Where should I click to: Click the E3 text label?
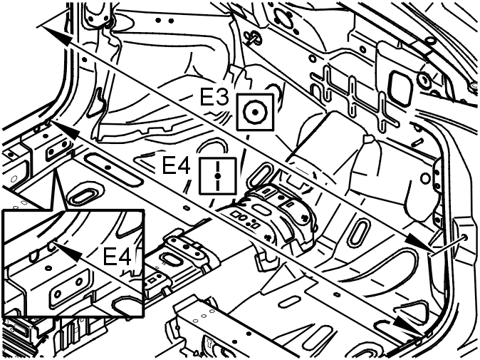(x=214, y=97)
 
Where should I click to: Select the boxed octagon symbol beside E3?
(x=255, y=112)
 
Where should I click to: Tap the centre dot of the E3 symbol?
(x=255, y=113)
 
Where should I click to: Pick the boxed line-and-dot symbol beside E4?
(x=218, y=176)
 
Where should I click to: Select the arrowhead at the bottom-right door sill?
(x=408, y=325)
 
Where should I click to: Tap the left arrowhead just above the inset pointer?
(x=65, y=130)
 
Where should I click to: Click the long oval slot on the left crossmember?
(x=113, y=170)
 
